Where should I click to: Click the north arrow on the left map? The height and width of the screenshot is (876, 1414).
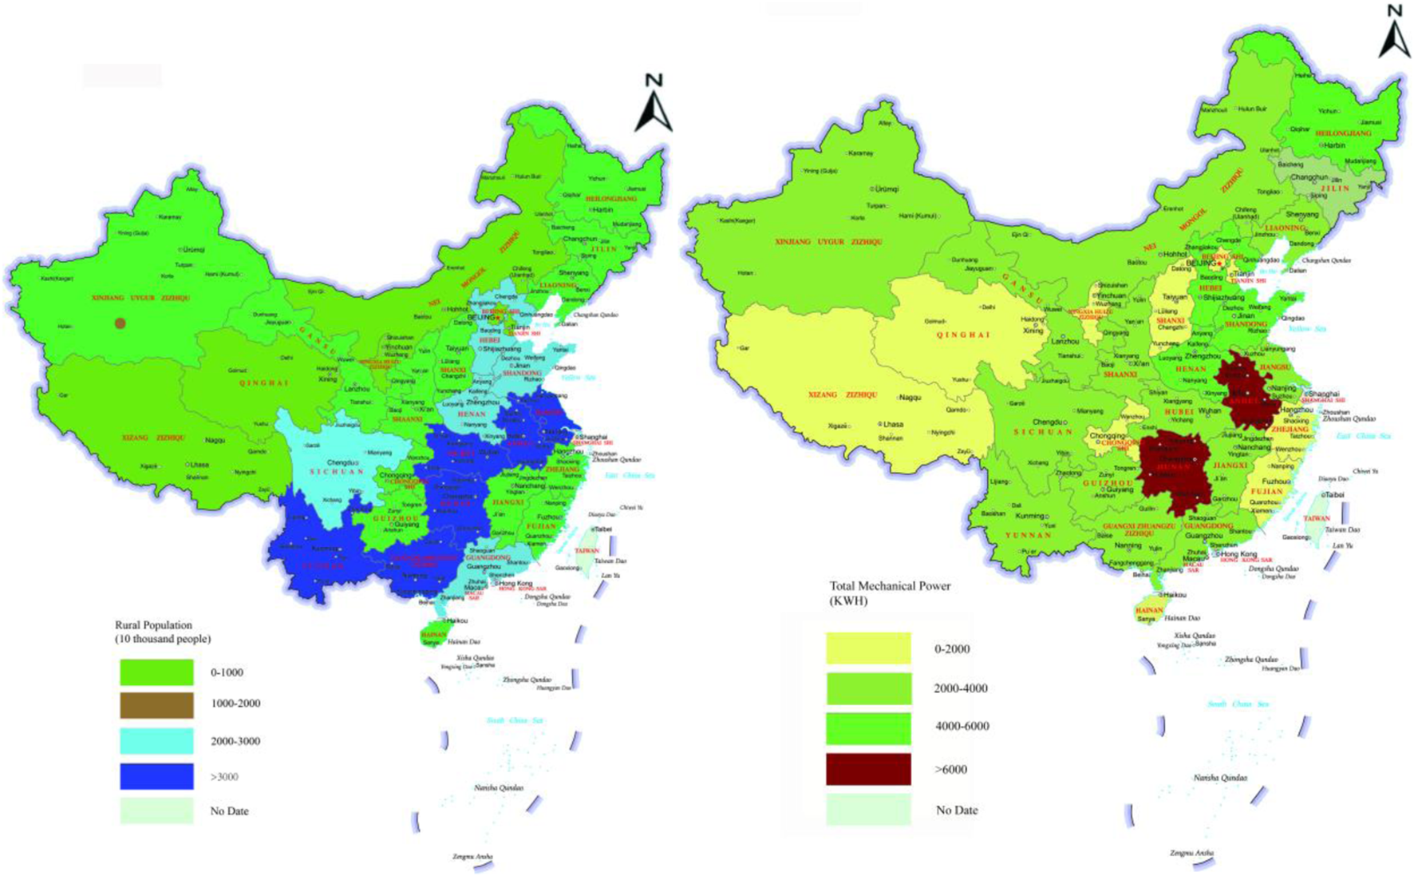[x=654, y=104]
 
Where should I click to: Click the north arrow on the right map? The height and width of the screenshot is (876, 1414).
[x=1394, y=32]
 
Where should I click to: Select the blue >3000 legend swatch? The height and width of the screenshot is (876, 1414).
[x=156, y=776]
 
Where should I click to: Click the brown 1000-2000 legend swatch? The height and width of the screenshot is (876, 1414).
[x=156, y=704]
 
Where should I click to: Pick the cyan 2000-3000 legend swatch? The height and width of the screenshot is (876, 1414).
[x=156, y=741]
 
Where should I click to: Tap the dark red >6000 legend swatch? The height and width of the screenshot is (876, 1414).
[x=868, y=769]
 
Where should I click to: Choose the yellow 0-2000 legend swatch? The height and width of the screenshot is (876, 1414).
[x=868, y=648]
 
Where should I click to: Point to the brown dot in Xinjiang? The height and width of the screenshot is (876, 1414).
[x=120, y=323]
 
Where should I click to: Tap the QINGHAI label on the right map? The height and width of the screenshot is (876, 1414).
[x=963, y=335]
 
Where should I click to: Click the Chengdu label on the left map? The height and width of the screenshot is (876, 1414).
[x=341, y=462]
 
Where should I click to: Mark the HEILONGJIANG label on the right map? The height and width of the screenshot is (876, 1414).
[x=1343, y=133]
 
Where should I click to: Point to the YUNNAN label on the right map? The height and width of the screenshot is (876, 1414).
[x=1028, y=535]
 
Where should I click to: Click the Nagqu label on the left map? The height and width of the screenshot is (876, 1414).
[x=215, y=440]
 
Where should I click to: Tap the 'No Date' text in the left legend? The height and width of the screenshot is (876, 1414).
[x=229, y=811]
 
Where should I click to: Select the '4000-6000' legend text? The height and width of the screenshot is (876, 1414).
[x=962, y=726]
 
